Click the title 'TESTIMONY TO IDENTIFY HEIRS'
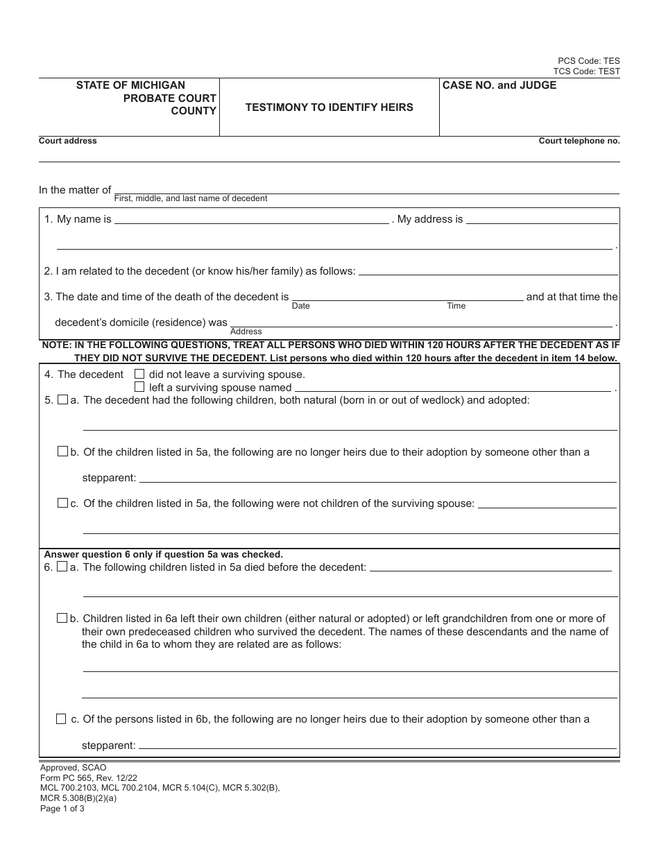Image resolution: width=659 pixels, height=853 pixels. pyautogui.click(x=329, y=107)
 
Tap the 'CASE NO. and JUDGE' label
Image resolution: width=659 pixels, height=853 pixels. pyautogui.click(x=499, y=85)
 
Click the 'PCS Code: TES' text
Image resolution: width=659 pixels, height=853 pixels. pyautogui.click(x=589, y=61)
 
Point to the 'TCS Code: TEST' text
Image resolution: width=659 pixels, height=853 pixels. pyautogui.click(x=586, y=71)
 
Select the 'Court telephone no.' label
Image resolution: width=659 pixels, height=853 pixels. pyautogui.click(x=579, y=141)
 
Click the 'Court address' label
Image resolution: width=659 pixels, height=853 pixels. pyautogui.click(x=68, y=141)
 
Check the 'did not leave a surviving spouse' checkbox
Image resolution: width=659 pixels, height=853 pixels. pyautogui.click(x=139, y=374)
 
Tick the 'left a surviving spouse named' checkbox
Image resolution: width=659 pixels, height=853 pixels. pyautogui.click(x=139, y=387)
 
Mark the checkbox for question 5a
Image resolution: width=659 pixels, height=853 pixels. pyautogui.click(x=62, y=400)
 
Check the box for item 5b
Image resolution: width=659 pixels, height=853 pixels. pyautogui.click(x=62, y=451)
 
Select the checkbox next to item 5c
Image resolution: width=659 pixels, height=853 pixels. pyautogui.click(x=62, y=503)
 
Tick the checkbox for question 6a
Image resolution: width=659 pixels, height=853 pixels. pyautogui.click(x=62, y=567)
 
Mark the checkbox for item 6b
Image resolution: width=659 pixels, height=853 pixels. pyautogui.click(x=62, y=618)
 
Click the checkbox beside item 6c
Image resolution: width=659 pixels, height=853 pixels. pyautogui.click(x=62, y=719)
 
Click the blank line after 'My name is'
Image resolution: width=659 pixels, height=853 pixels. pyautogui.click(x=251, y=221)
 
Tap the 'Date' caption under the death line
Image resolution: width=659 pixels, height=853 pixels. pyautogui.click(x=301, y=306)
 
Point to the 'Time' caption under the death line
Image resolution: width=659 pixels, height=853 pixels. pyautogui.click(x=456, y=306)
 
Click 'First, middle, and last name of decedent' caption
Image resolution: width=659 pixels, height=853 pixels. pyautogui.click(x=191, y=198)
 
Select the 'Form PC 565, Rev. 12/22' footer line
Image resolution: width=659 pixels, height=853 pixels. pyautogui.click(x=89, y=778)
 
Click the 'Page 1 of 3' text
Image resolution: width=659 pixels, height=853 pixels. pyautogui.click(x=62, y=808)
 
